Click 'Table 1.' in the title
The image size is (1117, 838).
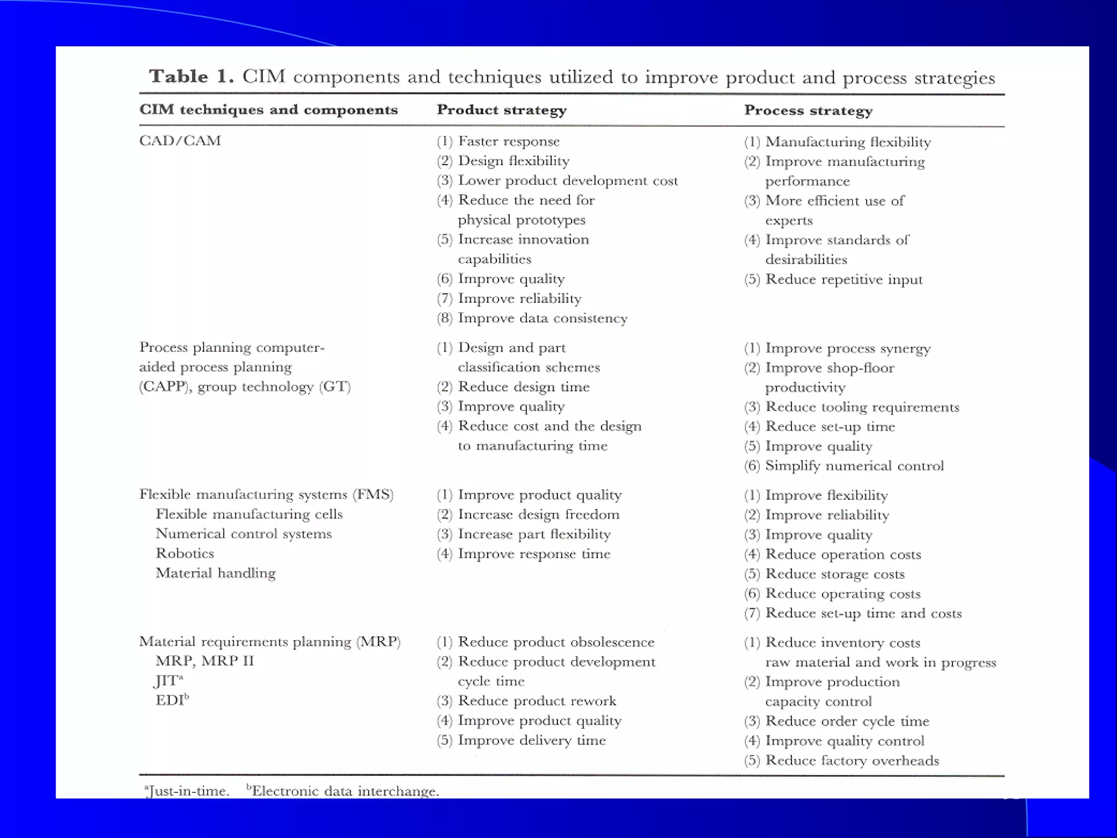click(191, 76)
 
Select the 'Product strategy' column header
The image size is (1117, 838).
click(502, 110)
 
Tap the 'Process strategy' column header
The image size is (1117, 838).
click(808, 111)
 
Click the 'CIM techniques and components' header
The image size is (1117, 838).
click(268, 110)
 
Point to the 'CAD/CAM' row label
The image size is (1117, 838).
click(180, 141)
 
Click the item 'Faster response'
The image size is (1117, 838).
click(508, 141)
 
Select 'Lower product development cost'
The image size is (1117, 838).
click(567, 181)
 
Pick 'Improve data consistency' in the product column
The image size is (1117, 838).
click(542, 318)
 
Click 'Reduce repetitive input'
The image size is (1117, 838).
click(843, 279)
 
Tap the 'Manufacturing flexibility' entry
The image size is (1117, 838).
click(848, 142)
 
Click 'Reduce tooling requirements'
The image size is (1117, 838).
click(862, 407)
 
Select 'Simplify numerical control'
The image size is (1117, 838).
click(854, 466)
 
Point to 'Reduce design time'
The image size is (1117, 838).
click(523, 387)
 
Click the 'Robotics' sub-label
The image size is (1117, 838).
click(185, 553)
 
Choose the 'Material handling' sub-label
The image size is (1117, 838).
click(216, 573)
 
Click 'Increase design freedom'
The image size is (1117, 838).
click(538, 514)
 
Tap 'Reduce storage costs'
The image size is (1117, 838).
click(834, 574)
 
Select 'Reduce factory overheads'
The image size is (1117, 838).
click(852, 761)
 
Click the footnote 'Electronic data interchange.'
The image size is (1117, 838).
click(344, 791)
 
